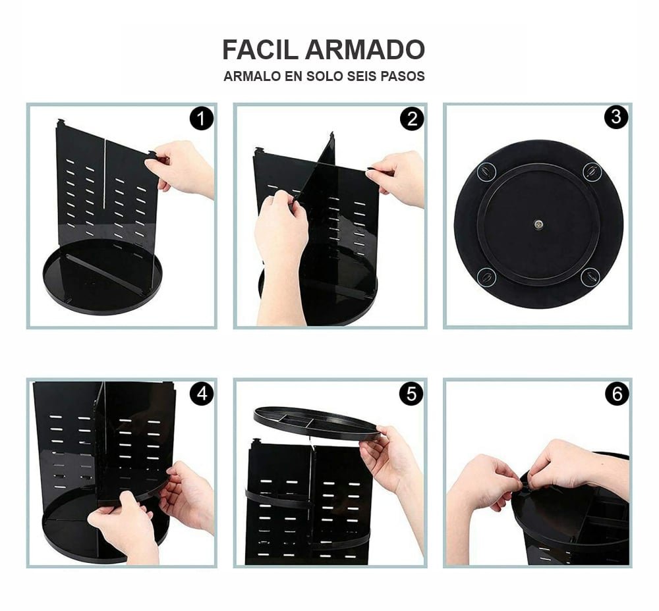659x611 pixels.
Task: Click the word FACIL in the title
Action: click(260, 50)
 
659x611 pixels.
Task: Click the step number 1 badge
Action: click(201, 119)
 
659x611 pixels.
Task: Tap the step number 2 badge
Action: click(411, 119)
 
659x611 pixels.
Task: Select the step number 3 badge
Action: click(616, 117)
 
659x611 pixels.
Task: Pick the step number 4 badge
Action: click(201, 394)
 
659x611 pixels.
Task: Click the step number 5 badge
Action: click(411, 394)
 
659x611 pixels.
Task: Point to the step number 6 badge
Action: click(617, 394)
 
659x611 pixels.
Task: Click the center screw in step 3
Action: click(538, 224)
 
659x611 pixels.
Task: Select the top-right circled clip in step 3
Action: click(592, 171)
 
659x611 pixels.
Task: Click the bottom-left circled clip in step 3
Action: click(486, 277)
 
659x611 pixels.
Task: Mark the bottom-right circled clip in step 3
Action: click(590, 277)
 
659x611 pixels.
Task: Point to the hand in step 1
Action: click(183, 168)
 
